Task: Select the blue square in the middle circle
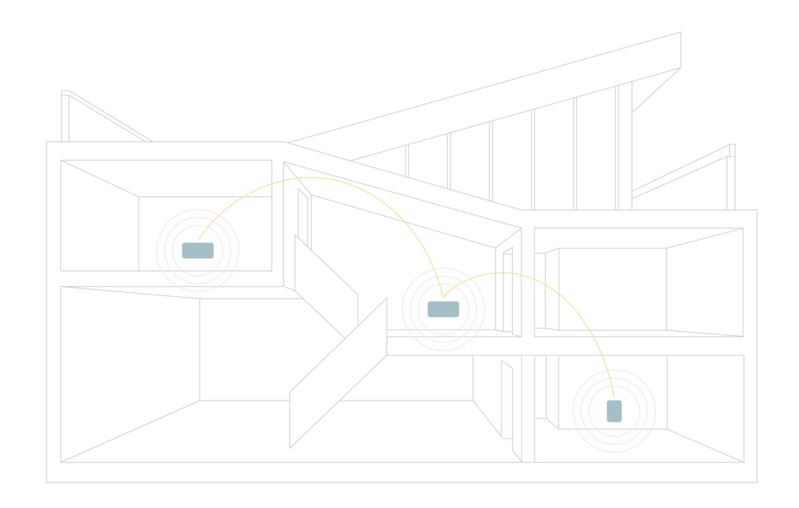[x=444, y=309]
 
